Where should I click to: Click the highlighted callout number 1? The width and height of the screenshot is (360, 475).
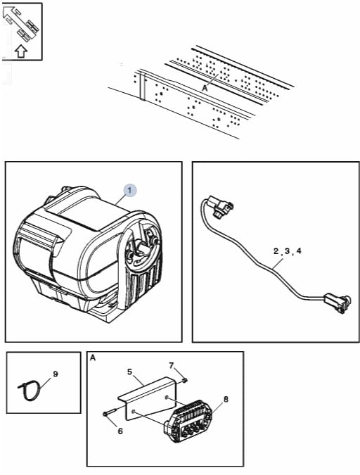coord(129,191)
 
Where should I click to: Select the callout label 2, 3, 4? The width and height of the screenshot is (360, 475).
coord(288,251)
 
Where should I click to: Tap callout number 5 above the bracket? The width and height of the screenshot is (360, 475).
coord(130,372)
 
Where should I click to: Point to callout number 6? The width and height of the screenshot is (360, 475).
coord(120,431)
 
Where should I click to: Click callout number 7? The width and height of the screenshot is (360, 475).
coord(172,366)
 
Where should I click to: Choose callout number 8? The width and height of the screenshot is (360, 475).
coord(226,400)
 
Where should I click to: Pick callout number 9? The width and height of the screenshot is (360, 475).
coord(56,374)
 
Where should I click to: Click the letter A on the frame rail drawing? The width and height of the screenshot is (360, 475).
coord(205,88)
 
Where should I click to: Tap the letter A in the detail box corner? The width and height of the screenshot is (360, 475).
coord(93,358)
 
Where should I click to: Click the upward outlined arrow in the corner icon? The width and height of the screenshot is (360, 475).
coord(21,51)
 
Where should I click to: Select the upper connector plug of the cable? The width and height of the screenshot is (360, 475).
coord(220,207)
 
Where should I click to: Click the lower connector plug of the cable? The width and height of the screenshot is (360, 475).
coord(337,303)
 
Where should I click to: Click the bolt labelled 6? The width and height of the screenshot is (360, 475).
coord(110,412)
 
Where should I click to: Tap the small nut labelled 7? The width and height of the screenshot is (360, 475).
coord(184,380)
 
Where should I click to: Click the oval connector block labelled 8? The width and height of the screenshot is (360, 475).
coord(187,419)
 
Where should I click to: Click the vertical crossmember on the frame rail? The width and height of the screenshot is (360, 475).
coord(142,85)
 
